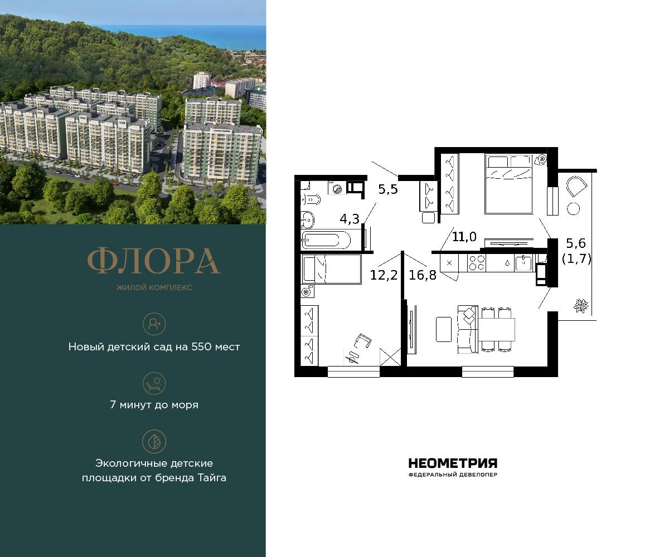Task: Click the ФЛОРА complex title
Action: (154, 261)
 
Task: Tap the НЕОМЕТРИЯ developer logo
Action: (453, 463)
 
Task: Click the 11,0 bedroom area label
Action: (464, 237)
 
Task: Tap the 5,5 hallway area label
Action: (388, 189)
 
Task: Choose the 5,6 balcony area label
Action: (576, 243)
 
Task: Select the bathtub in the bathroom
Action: (326, 241)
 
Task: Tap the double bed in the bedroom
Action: (508, 184)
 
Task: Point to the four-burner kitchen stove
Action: (476, 263)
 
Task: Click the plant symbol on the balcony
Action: (581, 305)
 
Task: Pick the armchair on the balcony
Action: (576, 186)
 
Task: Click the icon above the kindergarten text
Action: (154, 324)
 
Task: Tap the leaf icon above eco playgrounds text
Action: (154, 441)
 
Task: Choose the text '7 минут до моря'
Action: (154, 405)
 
